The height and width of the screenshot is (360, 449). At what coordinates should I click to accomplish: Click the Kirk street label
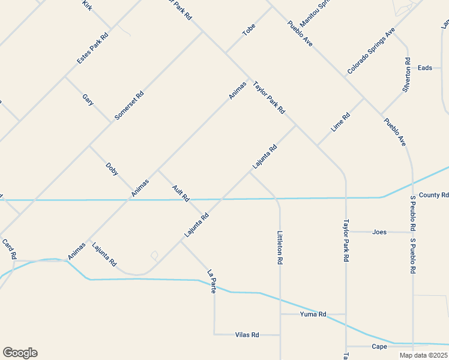(x=88, y=6)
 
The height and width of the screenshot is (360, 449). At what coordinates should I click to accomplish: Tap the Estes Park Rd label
(x=92, y=49)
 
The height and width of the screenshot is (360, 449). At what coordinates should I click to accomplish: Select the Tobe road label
(x=249, y=30)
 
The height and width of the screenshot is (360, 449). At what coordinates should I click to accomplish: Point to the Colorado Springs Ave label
(x=371, y=51)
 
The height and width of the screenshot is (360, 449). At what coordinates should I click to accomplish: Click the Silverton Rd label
(x=406, y=74)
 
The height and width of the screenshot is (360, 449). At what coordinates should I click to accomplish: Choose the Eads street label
(x=425, y=68)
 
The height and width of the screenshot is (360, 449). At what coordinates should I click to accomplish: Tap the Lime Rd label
(x=340, y=123)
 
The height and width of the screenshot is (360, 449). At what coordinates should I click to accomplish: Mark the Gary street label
(x=88, y=100)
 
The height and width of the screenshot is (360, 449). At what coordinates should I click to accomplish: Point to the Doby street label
(x=112, y=169)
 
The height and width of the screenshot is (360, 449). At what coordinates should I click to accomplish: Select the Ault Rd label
(x=181, y=193)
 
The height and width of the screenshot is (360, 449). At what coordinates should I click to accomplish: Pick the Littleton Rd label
(x=280, y=248)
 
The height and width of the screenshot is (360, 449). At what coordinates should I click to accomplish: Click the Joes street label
(x=379, y=232)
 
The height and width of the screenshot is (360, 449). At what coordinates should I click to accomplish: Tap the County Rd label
(x=433, y=195)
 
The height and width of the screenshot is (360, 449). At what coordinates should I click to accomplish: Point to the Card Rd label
(x=8, y=249)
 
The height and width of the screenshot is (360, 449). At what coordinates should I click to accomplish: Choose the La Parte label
(x=211, y=280)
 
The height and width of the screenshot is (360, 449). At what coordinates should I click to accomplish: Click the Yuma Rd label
(x=313, y=314)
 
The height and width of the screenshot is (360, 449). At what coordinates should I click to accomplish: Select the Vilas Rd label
(x=247, y=334)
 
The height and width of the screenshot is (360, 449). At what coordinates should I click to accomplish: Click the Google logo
(x=20, y=353)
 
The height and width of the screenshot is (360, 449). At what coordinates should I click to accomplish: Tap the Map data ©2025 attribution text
(x=423, y=355)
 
